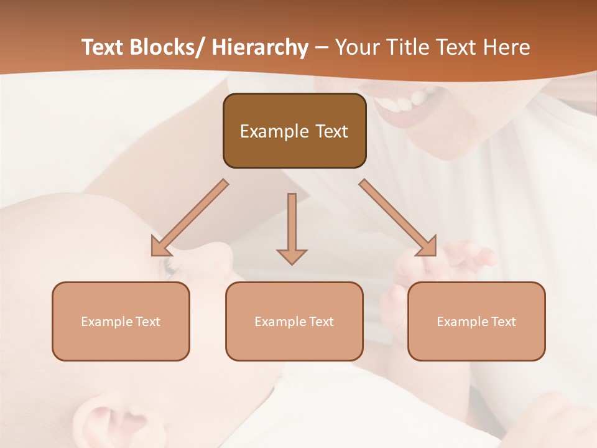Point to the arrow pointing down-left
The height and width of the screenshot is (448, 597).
pyautogui.click(x=188, y=218)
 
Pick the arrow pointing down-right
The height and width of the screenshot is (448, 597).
pyautogui.click(x=399, y=218)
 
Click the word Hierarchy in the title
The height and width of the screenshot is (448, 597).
pyautogui.click(x=260, y=47)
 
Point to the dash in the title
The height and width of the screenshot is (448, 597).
pyautogui.click(x=322, y=47)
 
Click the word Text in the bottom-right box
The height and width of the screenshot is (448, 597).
pyautogui.click(x=502, y=322)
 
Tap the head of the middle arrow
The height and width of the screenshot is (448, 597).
pyautogui.click(x=292, y=256)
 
